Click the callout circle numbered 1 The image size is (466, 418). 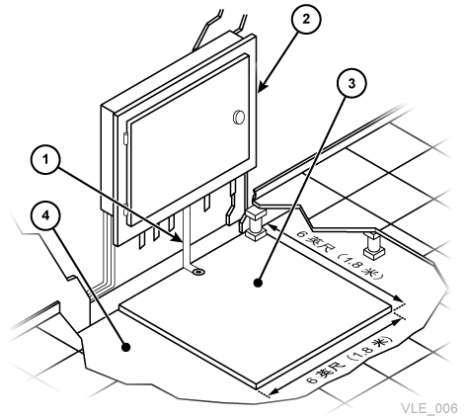45,160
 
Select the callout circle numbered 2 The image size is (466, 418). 306,20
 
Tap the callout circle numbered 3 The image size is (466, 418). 351,84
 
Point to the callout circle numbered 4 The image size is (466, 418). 45,215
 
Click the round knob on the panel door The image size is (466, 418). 239,117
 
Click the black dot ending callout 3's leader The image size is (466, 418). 258,283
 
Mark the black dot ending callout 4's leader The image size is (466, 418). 125,347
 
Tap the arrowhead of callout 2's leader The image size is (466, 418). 263,87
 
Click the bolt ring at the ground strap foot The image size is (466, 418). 198,272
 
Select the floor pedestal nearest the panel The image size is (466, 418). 254,223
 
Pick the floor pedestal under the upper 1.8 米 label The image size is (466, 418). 374,245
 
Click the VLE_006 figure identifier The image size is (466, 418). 429,408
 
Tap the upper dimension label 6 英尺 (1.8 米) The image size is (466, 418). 341,254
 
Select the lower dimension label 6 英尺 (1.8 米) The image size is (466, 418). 349,360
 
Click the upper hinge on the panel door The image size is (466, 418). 125,138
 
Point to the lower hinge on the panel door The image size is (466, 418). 125,209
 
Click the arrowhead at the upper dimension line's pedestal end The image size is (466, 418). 272,227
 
